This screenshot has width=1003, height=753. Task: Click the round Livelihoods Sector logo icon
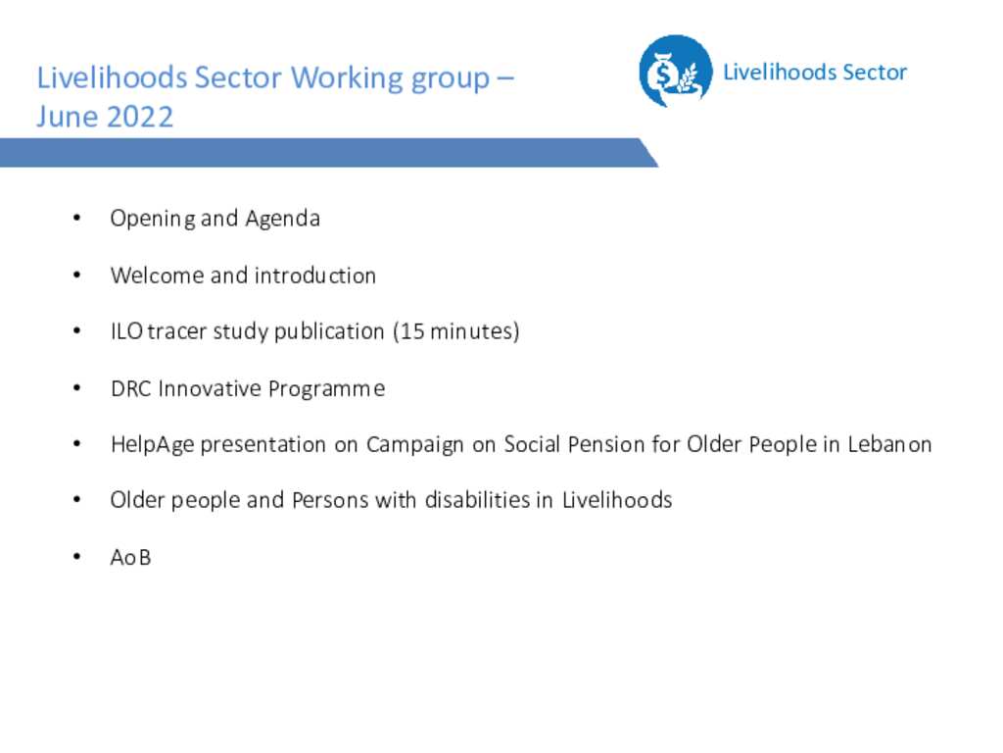pyautogui.click(x=676, y=71)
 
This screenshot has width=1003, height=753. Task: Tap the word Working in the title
pyautogui.click(x=346, y=77)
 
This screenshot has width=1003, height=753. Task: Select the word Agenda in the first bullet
pyautogui.click(x=283, y=219)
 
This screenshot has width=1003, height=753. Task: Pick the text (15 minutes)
pyautogui.click(x=456, y=331)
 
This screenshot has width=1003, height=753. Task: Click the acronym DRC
pyautogui.click(x=131, y=388)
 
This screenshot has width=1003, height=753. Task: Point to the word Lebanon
pyautogui.click(x=889, y=444)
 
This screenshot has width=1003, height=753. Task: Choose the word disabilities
pyautogui.click(x=478, y=500)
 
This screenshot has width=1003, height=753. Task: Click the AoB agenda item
pyautogui.click(x=130, y=557)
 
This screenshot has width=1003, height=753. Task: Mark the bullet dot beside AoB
pyautogui.click(x=76, y=557)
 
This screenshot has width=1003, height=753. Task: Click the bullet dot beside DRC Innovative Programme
pyautogui.click(x=76, y=388)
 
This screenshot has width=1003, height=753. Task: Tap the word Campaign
pyautogui.click(x=414, y=445)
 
